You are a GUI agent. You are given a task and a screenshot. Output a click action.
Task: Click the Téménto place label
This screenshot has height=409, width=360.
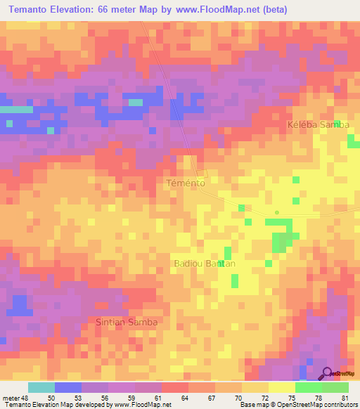(x=185, y=183)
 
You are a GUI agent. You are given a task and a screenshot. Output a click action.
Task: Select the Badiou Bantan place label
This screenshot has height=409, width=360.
(x=204, y=264)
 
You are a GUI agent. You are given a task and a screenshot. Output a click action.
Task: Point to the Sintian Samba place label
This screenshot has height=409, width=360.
(x=127, y=322)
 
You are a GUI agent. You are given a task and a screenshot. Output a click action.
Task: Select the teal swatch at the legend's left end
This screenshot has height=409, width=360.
(x=41, y=387)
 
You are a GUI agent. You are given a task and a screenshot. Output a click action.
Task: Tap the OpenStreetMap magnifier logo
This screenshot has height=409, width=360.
(x=327, y=373)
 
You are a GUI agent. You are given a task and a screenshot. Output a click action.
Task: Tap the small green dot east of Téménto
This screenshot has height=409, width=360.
(x=277, y=212)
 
